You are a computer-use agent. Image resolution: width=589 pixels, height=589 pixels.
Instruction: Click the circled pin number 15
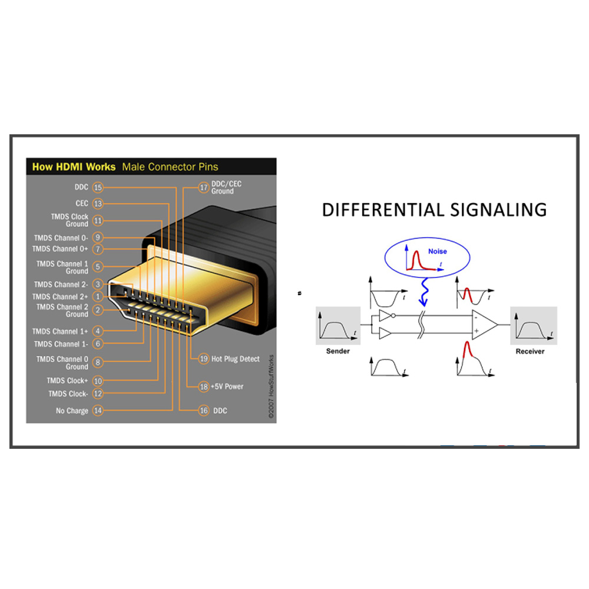click(98, 187)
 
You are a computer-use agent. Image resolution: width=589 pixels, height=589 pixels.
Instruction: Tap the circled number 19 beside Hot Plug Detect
click(204, 359)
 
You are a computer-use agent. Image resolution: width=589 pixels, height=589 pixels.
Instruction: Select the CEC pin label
click(82, 203)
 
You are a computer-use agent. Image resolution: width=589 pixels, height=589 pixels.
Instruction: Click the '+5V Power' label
click(227, 386)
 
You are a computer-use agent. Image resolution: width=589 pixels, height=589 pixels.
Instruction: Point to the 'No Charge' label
click(72, 411)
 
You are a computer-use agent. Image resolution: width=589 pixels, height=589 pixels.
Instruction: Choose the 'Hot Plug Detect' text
click(235, 359)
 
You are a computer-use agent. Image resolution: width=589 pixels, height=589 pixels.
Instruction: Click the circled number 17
click(204, 187)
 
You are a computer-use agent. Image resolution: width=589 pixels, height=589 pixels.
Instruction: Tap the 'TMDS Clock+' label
click(67, 380)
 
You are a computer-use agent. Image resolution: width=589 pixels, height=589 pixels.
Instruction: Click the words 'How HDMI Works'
click(74, 167)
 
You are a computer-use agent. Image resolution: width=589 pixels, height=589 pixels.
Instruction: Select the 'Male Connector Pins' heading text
click(170, 167)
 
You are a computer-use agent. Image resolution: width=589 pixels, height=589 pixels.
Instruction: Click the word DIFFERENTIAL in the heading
click(383, 210)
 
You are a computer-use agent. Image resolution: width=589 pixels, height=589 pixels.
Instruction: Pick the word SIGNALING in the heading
click(498, 210)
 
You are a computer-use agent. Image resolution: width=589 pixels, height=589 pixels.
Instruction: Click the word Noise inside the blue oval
click(438, 252)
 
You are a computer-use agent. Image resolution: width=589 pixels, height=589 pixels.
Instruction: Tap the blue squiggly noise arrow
click(424, 292)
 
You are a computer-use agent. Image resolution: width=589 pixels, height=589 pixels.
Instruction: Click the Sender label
click(337, 351)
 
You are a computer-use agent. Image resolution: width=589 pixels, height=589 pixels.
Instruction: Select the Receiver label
click(530, 351)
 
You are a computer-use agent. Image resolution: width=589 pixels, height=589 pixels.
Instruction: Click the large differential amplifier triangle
click(484, 325)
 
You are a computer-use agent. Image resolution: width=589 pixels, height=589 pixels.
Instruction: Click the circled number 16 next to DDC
click(204, 411)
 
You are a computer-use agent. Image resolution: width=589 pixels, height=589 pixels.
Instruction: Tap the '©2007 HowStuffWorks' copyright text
click(271, 386)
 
